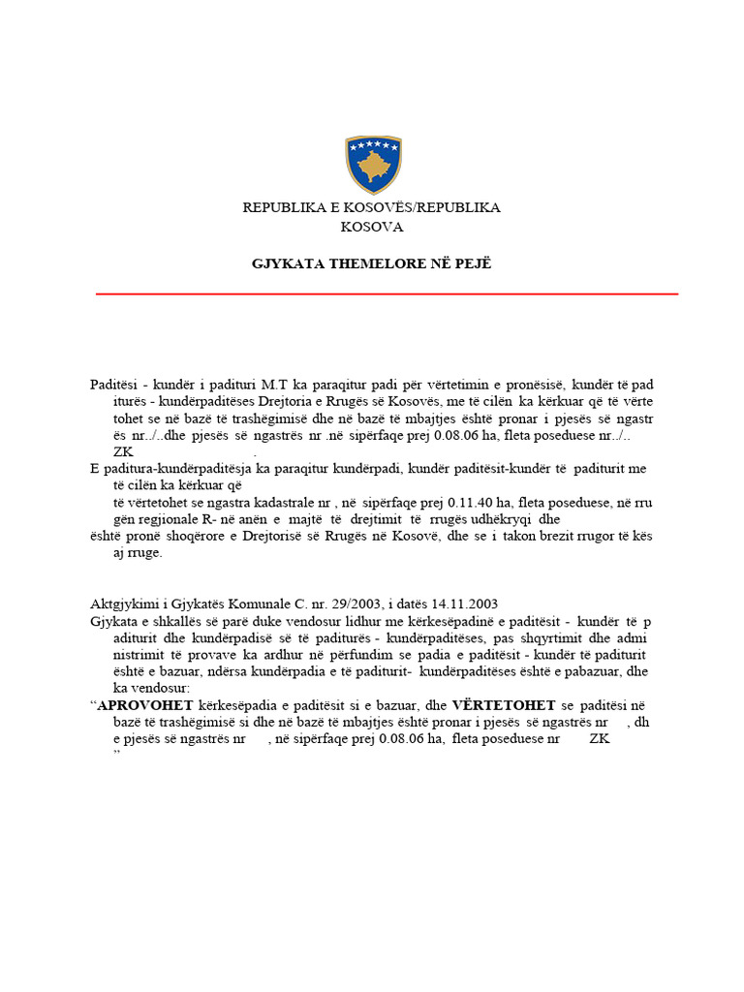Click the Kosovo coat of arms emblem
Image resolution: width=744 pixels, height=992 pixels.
[x=373, y=166]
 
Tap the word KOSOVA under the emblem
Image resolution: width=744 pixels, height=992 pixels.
[x=371, y=227]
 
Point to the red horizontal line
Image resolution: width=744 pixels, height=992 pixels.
[x=387, y=294]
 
